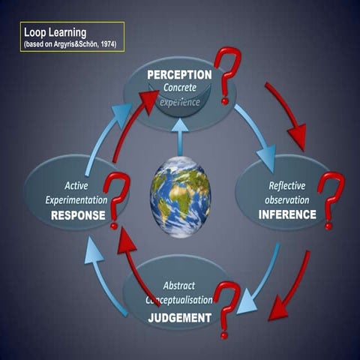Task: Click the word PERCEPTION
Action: (179, 75)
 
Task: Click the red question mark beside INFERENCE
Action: (331, 199)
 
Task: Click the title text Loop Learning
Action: (56, 33)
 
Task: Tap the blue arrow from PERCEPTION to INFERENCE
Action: (255, 135)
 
